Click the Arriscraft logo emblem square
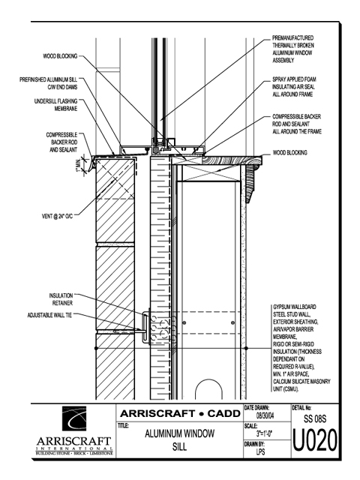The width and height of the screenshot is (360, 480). tap(74, 418)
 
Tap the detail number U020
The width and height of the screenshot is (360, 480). tap(315, 440)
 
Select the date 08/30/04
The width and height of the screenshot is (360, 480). tap(265, 416)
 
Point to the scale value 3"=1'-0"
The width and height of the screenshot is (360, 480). tap(264, 433)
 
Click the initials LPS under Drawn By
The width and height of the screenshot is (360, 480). tap(260, 451)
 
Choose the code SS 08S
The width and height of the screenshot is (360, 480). tap(315, 418)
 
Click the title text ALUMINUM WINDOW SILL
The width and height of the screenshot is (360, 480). tap(180, 440)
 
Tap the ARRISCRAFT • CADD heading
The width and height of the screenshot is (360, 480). tap(180, 413)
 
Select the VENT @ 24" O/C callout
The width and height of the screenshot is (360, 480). tap(57, 216)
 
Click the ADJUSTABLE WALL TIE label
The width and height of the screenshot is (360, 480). tap(50, 315)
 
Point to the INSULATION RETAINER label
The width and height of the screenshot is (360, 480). tap(61, 299)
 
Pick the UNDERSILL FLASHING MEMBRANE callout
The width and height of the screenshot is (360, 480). tap(55, 105)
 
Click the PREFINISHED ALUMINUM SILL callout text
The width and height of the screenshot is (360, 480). tap(48, 83)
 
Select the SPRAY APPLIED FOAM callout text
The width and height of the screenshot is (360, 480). tap(294, 87)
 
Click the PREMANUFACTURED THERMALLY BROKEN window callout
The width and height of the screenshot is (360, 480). tap(293, 49)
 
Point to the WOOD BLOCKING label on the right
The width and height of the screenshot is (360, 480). tap(290, 152)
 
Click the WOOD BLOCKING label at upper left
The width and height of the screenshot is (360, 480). tap(60, 56)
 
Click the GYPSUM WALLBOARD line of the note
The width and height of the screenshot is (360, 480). tap(290, 307)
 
